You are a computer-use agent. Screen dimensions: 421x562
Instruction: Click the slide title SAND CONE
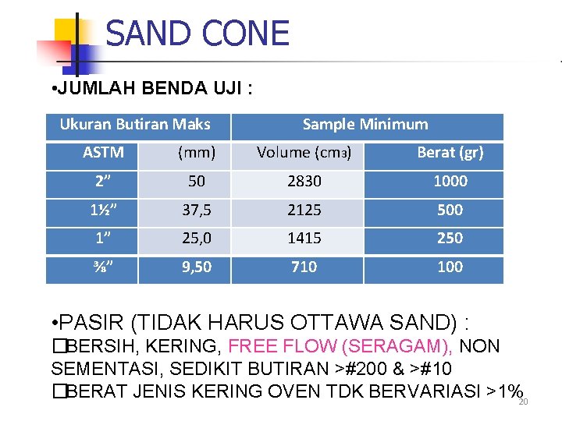[x=197, y=34]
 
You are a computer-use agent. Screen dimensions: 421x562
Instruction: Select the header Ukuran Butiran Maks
[x=135, y=124]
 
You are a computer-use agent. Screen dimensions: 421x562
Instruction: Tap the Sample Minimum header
[x=365, y=124]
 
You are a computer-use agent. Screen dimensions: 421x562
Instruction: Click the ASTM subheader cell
[x=103, y=153]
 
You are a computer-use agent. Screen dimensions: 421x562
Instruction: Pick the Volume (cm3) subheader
[x=304, y=153]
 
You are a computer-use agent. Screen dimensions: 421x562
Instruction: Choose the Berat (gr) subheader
[x=450, y=153]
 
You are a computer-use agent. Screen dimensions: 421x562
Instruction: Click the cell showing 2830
[x=304, y=181]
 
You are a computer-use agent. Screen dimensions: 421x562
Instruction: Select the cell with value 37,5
[x=197, y=210]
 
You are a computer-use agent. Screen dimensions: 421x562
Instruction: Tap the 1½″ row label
[x=103, y=210]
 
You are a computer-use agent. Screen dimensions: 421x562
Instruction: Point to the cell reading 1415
[x=304, y=238]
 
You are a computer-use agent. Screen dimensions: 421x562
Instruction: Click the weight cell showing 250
[x=450, y=238]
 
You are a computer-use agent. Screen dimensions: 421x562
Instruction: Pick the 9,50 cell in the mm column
[x=197, y=267]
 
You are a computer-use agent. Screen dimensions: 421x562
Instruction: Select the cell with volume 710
[x=304, y=267]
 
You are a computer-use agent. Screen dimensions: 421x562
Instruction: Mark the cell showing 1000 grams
[x=450, y=181]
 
